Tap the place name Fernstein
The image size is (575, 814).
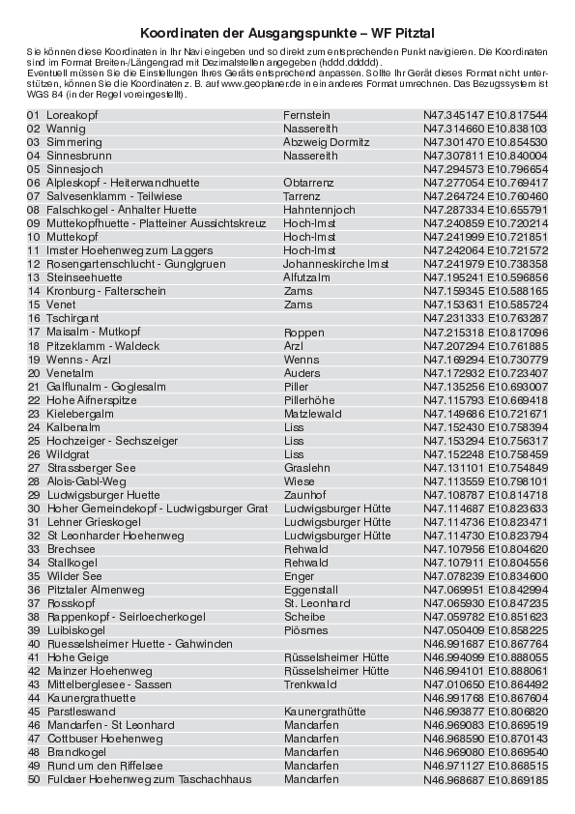(306, 115)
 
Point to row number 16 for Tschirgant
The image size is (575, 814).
(33, 318)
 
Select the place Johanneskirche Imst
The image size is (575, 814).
(335, 264)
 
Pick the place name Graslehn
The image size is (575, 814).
(307, 467)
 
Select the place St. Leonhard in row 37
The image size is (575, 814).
(317, 603)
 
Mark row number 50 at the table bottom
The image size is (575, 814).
(33, 778)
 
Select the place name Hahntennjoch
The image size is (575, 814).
(320, 210)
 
